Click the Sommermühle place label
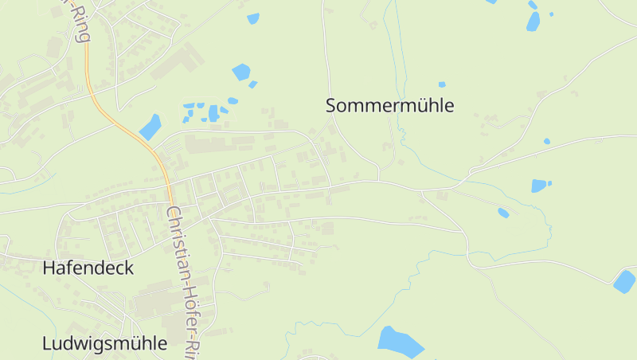point(389,105)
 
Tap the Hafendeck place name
point(88,268)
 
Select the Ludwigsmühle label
point(104,343)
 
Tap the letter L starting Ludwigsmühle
point(46,343)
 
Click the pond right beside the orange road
point(150,127)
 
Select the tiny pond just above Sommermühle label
point(442,84)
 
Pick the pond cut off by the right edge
point(624,281)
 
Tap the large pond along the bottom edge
point(401,342)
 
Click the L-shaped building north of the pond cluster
point(183,60)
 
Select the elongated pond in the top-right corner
point(533,22)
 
